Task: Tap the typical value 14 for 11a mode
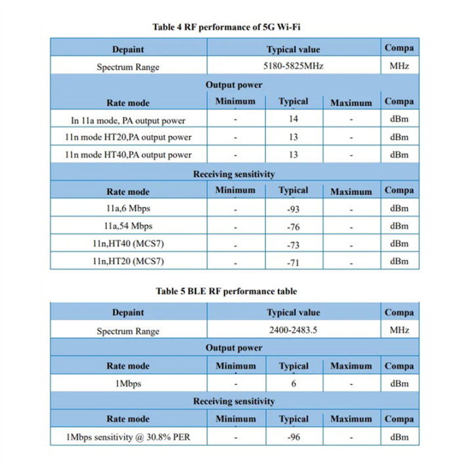[x=293, y=119]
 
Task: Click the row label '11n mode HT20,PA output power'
[x=128, y=137]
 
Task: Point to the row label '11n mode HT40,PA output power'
[x=128, y=154]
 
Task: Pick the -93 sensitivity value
[x=293, y=208]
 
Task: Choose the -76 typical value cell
[x=293, y=226]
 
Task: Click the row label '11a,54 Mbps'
[x=128, y=226]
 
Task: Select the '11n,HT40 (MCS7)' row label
[x=128, y=244]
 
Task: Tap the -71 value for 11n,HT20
[x=293, y=261]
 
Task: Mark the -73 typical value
[x=293, y=244]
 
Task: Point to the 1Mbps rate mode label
[x=128, y=383]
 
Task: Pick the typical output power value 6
[x=293, y=384]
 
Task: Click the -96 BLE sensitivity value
[x=293, y=436]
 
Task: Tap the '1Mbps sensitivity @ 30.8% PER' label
[x=128, y=436]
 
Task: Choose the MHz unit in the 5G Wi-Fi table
[x=399, y=66]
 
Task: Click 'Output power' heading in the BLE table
[x=234, y=348]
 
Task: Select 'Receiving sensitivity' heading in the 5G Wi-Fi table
[x=234, y=174]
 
